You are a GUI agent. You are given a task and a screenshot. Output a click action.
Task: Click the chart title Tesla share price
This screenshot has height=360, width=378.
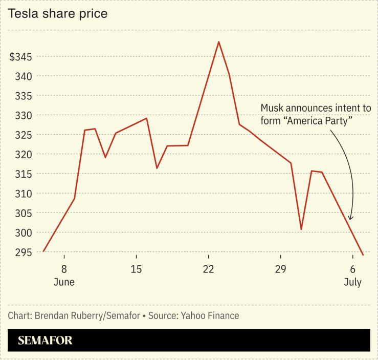click(x=58, y=14)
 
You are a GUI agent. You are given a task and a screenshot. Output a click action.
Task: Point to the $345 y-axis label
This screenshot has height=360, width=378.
click(x=20, y=56)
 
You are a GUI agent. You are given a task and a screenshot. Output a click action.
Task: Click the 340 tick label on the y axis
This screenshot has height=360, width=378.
click(x=24, y=76)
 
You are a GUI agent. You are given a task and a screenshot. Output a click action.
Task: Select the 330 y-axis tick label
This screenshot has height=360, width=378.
click(x=24, y=115)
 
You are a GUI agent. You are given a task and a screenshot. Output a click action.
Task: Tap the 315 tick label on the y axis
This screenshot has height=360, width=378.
click(x=24, y=174)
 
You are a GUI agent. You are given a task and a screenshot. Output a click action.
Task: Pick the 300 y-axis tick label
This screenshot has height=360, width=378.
click(x=24, y=232)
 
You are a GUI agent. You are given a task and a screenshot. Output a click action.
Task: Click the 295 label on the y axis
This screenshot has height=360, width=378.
click(x=24, y=252)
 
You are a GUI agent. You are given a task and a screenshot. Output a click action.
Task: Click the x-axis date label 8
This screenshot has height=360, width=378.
click(x=64, y=269)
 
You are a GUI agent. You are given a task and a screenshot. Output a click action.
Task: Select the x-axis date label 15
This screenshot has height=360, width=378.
click(x=136, y=269)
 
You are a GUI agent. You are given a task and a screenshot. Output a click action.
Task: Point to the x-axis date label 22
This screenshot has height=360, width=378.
click(x=208, y=269)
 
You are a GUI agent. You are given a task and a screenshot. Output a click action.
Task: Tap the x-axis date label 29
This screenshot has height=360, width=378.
click(x=280, y=269)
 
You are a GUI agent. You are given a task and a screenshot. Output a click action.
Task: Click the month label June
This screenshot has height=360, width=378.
click(x=64, y=282)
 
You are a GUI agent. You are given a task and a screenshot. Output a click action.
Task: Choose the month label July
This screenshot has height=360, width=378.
click(x=352, y=282)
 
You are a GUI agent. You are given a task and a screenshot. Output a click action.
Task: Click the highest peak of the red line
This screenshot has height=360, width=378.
click(x=219, y=42)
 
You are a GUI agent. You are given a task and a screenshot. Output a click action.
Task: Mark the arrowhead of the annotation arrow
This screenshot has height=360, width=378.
click(x=350, y=218)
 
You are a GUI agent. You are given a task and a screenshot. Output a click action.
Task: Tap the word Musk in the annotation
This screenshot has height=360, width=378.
click(x=271, y=108)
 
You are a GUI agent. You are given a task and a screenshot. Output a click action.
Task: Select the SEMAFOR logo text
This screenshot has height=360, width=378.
click(x=45, y=341)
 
